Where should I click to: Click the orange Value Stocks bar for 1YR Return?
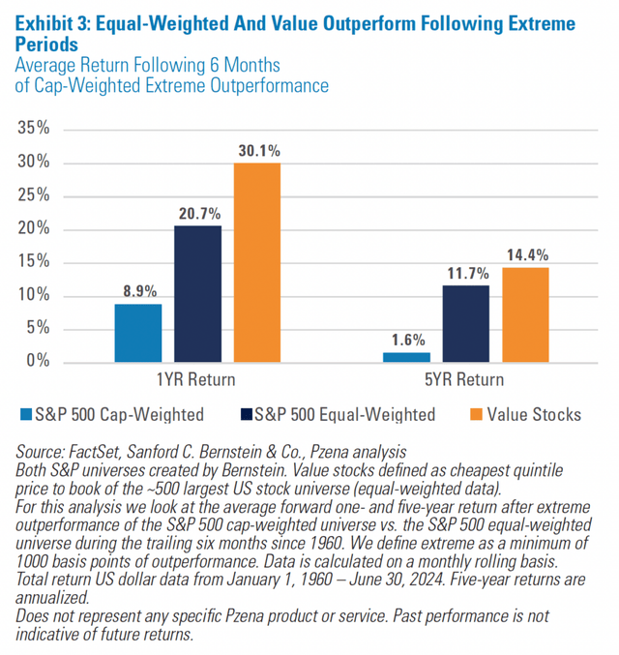[256, 261]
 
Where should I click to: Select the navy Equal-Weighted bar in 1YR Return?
[197, 293]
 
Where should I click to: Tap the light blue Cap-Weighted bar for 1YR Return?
[138, 332]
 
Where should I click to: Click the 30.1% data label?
[256, 150]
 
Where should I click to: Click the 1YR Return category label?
[197, 378]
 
